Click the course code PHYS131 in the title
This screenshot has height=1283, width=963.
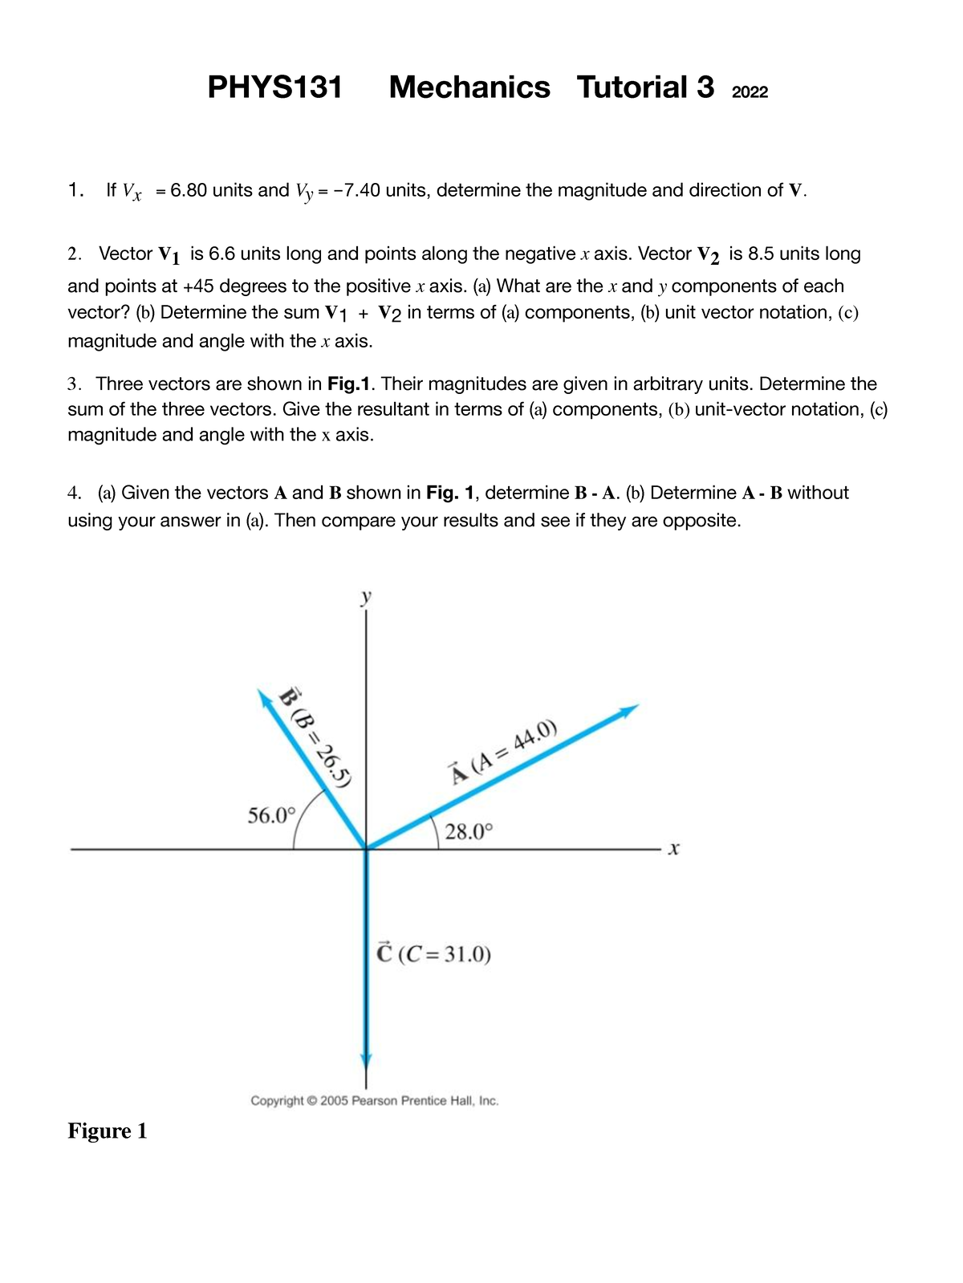[x=274, y=87]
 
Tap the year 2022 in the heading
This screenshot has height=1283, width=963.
[x=750, y=92]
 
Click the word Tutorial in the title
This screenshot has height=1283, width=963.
[x=632, y=87]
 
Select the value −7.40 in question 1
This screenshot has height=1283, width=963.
[x=352, y=190]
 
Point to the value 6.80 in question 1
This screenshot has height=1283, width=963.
[x=189, y=190]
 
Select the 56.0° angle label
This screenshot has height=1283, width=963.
[x=271, y=816]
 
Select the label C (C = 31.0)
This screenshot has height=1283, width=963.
[x=433, y=954]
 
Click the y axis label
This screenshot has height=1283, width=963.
[x=366, y=596]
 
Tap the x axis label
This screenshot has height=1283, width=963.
[x=673, y=848]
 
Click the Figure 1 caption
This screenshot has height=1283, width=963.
[x=107, y=1131]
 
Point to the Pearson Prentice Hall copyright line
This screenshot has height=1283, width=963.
[x=375, y=1101]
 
